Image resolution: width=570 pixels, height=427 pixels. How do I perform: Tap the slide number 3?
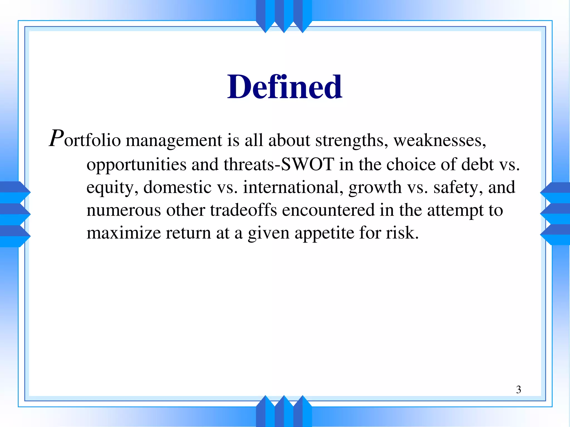click(x=518, y=389)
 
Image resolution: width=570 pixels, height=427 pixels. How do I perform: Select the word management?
click(x=174, y=140)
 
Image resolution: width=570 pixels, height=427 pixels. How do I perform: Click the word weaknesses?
click(x=439, y=140)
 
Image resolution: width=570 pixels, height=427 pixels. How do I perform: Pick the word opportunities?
click(x=136, y=165)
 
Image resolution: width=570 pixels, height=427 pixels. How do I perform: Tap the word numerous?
click(x=124, y=210)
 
